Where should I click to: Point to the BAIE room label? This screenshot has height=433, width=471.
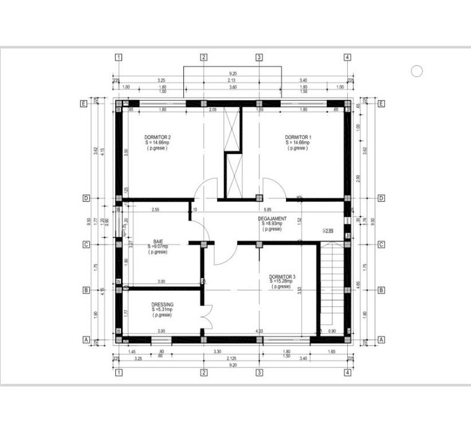158,242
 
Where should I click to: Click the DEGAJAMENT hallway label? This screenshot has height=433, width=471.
272,218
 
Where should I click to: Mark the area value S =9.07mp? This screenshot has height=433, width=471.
158,247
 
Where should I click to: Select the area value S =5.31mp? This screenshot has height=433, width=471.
162,310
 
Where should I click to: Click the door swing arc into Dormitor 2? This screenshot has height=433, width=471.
205,188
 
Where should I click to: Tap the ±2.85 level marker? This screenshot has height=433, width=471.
328,231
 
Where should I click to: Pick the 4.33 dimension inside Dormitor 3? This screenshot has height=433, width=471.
259,332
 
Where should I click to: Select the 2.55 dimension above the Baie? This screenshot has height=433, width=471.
155,209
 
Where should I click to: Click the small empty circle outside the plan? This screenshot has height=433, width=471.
417,71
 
